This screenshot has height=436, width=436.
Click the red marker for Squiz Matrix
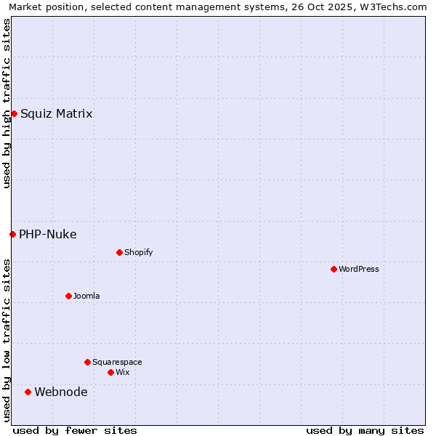click(14, 113)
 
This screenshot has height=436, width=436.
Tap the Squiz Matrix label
click(56, 113)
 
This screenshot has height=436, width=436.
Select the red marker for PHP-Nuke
click(12, 234)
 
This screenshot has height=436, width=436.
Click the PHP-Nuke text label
click(47, 234)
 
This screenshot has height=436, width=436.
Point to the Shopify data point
click(119, 252)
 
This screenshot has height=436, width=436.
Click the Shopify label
click(138, 252)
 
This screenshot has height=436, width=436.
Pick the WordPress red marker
click(334, 269)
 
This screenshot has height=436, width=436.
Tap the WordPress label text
click(358, 269)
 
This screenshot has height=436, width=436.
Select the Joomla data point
click(68, 296)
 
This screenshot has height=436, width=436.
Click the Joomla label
click(86, 296)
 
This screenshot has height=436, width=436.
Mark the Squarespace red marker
click(87, 362)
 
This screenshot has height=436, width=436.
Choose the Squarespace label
click(117, 362)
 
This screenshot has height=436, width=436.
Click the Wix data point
click(110, 372)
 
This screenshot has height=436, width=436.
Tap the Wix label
click(122, 372)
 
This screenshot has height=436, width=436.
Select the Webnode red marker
click(28, 392)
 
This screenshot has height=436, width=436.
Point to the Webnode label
click(61, 392)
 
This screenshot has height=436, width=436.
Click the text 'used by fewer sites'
click(75, 430)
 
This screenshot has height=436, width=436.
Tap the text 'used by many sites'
click(365, 430)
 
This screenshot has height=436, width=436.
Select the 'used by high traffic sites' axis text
click(7, 103)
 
